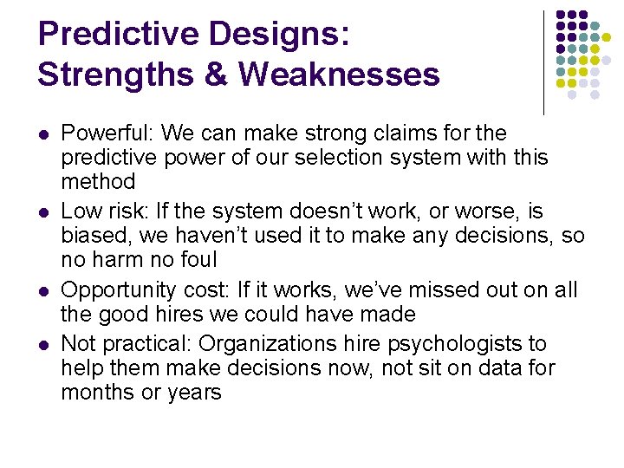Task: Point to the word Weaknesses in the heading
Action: [339, 74]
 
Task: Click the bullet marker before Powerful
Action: [42, 135]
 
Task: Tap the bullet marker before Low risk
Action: [42, 212]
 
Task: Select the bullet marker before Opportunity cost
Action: [42, 291]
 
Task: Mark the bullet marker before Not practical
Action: [42, 345]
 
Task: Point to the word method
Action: [98, 181]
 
